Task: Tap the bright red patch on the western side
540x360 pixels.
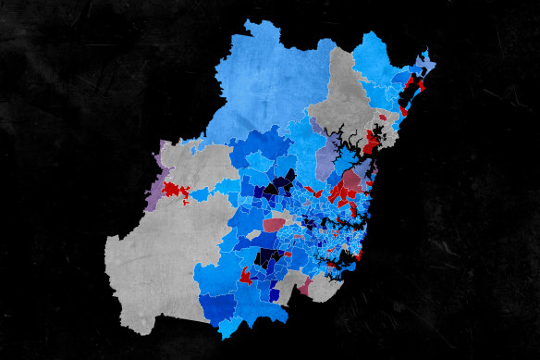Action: [174, 192]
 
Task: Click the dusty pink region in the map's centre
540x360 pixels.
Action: [275, 224]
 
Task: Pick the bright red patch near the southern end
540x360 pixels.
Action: [246, 276]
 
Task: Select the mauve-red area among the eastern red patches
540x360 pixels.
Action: [352, 179]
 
